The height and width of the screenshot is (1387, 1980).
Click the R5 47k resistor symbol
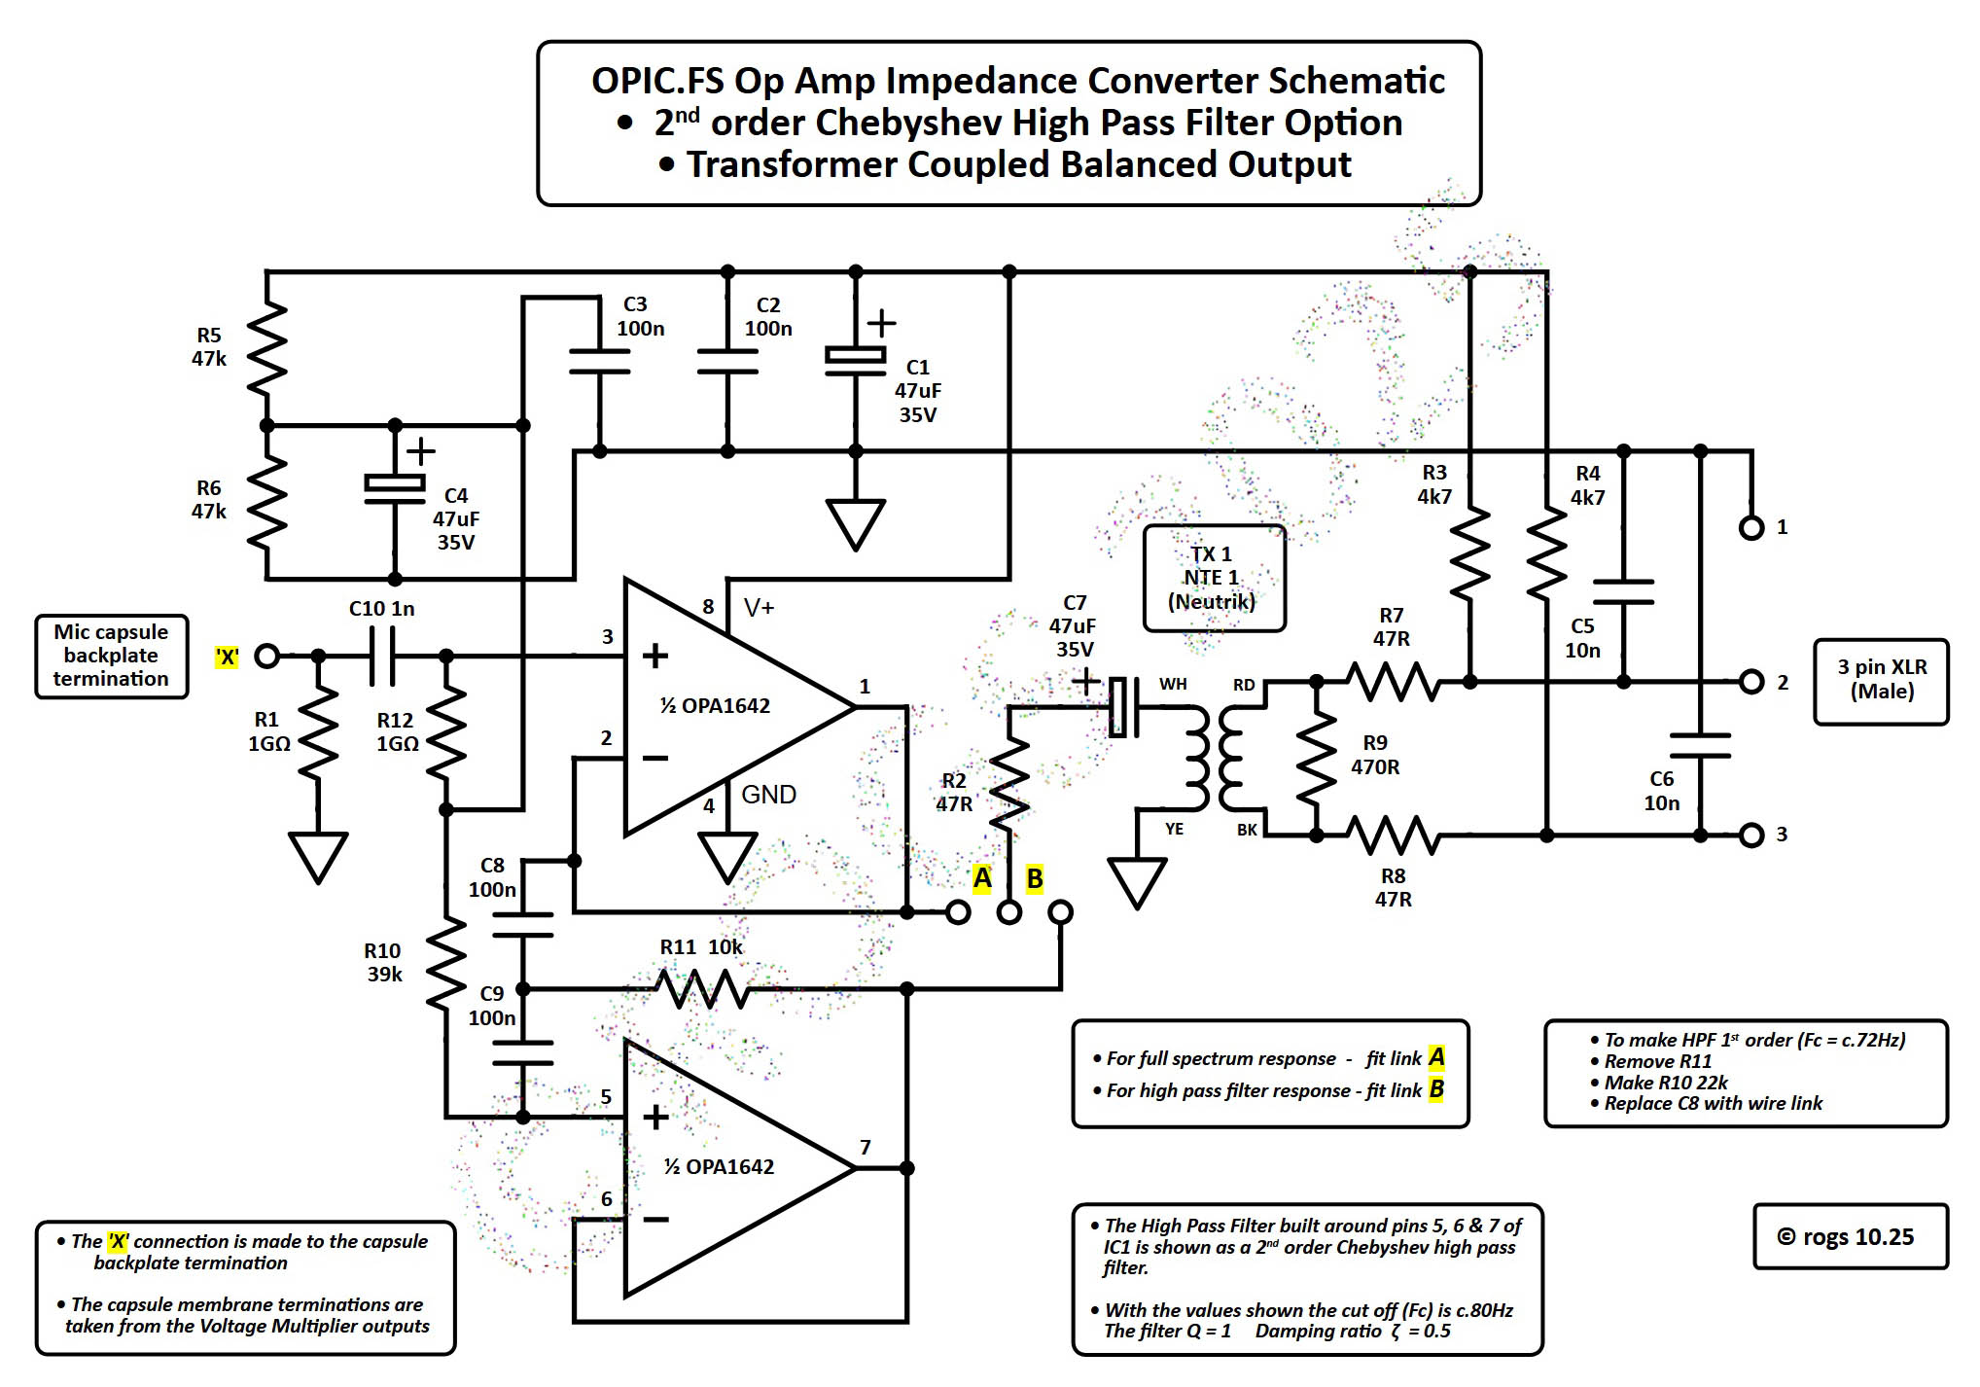pyautogui.click(x=266, y=348)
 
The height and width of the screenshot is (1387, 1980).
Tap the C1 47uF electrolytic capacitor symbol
pyautogui.click(x=855, y=356)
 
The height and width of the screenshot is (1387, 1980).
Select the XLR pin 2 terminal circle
pyautogui.click(x=1750, y=682)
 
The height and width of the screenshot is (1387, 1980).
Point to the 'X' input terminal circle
pyautogui.click(x=266, y=657)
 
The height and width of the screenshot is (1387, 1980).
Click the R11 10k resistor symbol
pyautogui.click(x=702, y=989)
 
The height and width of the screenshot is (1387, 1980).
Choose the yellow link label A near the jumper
pyautogui.click(x=982, y=878)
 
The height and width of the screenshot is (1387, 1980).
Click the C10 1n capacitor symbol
pyautogui.click(x=382, y=657)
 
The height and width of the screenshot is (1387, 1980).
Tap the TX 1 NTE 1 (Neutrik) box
pyautogui.click(x=1213, y=578)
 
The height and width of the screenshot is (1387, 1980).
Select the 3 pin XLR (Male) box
pyautogui.click(x=1881, y=680)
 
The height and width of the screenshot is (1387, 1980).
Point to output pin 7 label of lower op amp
pyautogui.click(x=865, y=1148)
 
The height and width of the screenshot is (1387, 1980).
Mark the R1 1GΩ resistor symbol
pyautogui.click(x=318, y=731)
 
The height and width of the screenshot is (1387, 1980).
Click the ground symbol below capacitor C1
pyautogui.click(x=855, y=523)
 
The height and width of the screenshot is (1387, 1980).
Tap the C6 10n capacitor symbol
pyautogui.click(x=1699, y=746)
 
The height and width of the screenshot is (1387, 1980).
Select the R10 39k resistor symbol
pyautogui.click(x=446, y=963)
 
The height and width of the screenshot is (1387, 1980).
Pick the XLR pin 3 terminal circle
pyautogui.click(x=1750, y=835)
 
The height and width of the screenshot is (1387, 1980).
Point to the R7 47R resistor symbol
pyautogui.click(x=1394, y=682)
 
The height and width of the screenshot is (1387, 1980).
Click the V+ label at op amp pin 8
pyautogui.click(x=759, y=608)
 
